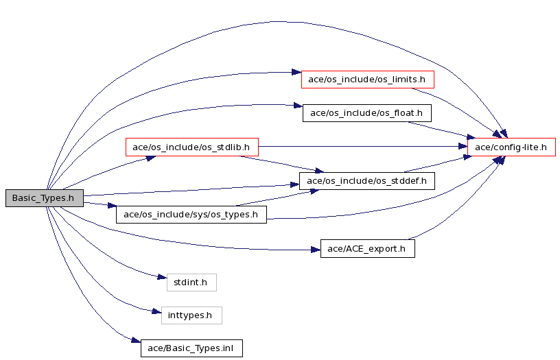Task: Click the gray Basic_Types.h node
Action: coord(45,198)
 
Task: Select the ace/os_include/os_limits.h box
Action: coord(367,79)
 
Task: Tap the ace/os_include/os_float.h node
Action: coord(366,113)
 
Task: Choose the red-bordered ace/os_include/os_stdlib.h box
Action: coord(191,147)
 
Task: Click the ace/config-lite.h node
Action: coord(511,147)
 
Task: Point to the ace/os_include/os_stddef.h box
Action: coord(367,181)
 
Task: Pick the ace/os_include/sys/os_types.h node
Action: coord(191,215)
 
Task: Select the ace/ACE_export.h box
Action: coord(367,248)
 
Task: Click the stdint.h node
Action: coord(191,282)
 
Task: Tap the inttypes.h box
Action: coord(191,315)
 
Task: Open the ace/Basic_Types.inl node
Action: coord(191,348)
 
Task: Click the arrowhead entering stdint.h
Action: coord(162,277)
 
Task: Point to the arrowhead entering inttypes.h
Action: coord(156,312)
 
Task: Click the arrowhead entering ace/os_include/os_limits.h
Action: coord(296,72)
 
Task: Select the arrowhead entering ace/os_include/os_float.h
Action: coord(298,106)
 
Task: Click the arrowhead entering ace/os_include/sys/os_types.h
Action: coord(112,205)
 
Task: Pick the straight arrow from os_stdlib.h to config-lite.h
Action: coord(364,147)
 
